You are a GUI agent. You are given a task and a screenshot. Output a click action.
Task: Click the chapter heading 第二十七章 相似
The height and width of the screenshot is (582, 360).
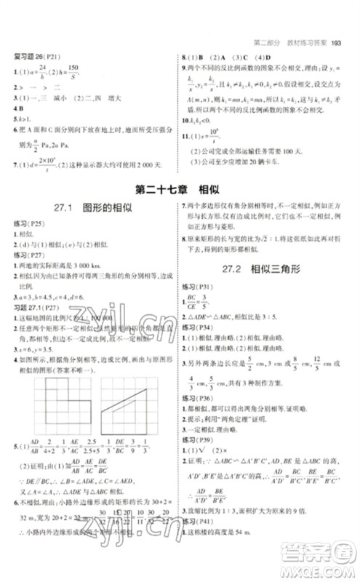coord(180,191)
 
